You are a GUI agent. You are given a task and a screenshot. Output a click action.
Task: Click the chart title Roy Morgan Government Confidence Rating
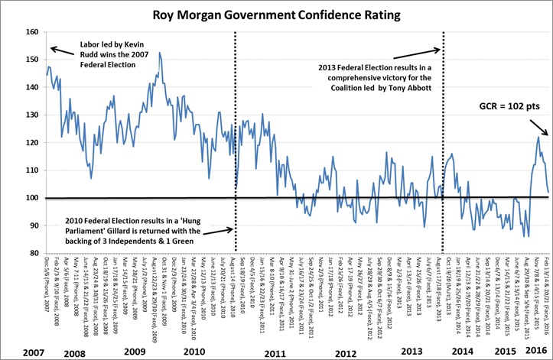click(x=278, y=13)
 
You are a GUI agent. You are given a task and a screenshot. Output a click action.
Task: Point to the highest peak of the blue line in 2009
click(x=160, y=53)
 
